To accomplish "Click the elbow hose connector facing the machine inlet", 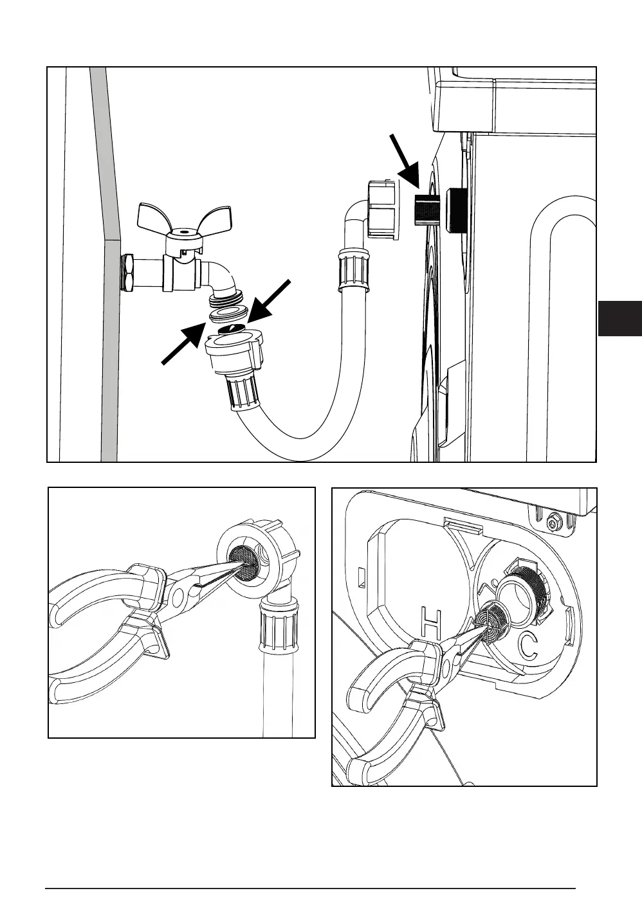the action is tap(381, 209).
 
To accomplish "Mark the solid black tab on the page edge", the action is tap(619, 318).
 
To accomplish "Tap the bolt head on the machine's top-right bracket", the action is tap(553, 524).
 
